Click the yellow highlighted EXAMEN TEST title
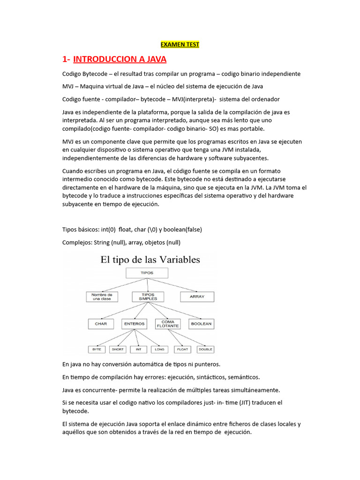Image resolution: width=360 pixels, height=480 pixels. (180, 45)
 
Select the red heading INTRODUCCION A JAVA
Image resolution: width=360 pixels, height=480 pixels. (120, 59)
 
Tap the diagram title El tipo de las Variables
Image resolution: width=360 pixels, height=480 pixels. (150, 260)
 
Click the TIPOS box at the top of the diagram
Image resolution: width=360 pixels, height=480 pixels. (147, 272)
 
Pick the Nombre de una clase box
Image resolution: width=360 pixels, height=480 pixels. (102, 296)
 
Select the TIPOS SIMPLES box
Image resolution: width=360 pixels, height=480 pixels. (148, 296)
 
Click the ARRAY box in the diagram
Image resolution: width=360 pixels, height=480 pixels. (197, 296)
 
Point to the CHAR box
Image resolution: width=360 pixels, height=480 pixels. (101, 323)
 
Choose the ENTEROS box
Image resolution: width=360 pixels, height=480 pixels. (134, 323)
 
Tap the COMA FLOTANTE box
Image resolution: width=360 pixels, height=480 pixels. (167, 323)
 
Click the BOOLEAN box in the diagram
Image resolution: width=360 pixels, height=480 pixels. (201, 323)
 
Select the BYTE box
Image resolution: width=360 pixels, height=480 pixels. (97, 349)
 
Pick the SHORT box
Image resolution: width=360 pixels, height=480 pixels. (118, 349)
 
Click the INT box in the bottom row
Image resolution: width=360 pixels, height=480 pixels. (138, 349)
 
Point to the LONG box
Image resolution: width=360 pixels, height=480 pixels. (159, 349)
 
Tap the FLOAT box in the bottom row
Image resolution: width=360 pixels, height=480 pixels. (183, 349)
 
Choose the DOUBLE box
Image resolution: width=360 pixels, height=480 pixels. (205, 349)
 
